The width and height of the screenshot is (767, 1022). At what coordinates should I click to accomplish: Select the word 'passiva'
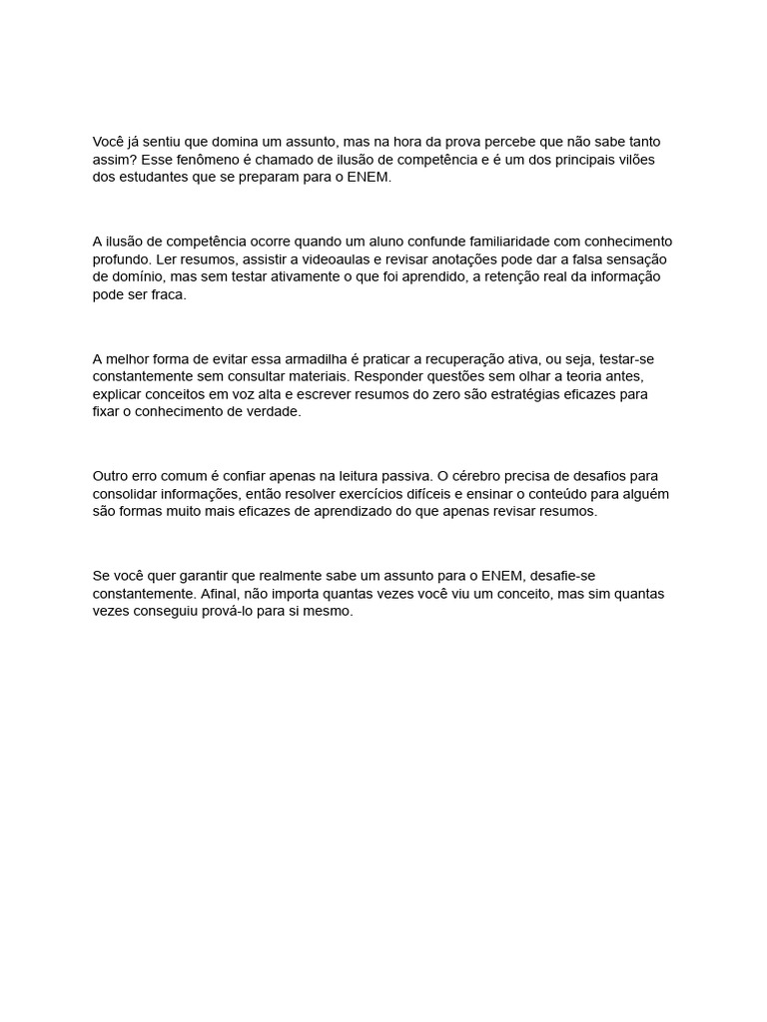tap(405, 476)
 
